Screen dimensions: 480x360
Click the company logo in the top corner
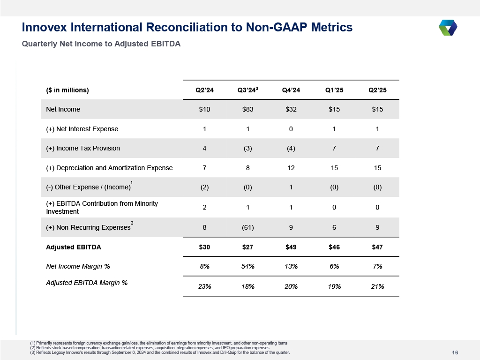(x=448, y=28)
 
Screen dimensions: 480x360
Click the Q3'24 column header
(x=248, y=90)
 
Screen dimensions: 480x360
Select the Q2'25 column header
(x=377, y=90)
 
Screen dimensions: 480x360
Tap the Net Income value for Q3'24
(x=247, y=109)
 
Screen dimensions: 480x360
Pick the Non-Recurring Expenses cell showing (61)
(x=247, y=227)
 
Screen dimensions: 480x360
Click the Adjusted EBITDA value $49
(x=291, y=247)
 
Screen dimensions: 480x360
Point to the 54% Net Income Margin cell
(x=247, y=266)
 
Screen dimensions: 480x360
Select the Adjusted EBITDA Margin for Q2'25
(x=377, y=286)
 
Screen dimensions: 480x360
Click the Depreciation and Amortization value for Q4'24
(x=291, y=168)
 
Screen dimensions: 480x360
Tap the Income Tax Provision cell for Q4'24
(x=291, y=148)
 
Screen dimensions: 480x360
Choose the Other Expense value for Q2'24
(x=204, y=187)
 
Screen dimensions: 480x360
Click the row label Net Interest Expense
(x=82, y=129)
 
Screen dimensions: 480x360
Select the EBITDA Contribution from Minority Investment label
(x=102, y=207)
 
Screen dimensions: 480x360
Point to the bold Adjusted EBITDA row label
(x=74, y=247)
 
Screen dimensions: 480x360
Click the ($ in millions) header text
(x=67, y=90)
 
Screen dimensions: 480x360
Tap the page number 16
(x=455, y=352)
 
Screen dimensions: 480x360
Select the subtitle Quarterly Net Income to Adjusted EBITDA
(x=101, y=44)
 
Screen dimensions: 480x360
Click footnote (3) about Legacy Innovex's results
(x=160, y=352)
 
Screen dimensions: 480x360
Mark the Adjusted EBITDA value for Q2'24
(x=204, y=247)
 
